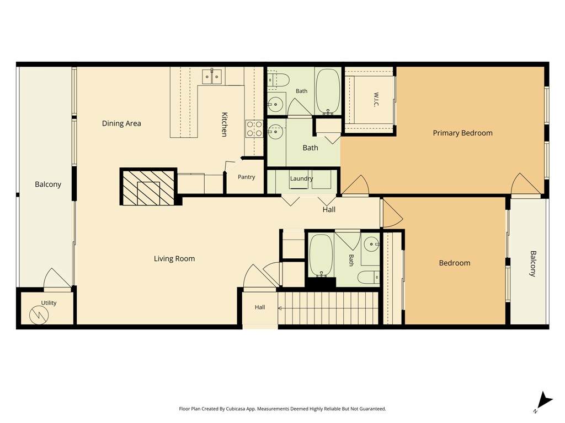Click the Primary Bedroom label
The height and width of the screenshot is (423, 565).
(x=462, y=133)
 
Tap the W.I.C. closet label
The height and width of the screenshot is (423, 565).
(x=376, y=100)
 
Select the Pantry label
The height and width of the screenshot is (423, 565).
(x=247, y=177)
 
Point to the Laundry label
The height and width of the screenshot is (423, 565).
(x=301, y=178)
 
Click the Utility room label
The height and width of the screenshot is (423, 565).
(x=49, y=303)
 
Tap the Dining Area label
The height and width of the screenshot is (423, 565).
(x=121, y=123)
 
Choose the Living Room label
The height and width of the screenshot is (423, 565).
(x=174, y=259)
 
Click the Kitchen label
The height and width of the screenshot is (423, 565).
(x=224, y=124)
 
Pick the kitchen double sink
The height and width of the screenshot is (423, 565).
(x=211, y=76)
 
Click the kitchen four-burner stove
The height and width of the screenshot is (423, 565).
(x=254, y=129)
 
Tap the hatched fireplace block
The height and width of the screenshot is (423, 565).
(x=148, y=187)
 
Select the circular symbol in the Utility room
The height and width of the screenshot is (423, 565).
(x=39, y=315)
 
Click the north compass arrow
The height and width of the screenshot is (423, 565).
(x=544, y=401)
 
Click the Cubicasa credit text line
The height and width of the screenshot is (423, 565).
(x=282, y=409)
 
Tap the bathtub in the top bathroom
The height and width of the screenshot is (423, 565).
(x=328, y=91)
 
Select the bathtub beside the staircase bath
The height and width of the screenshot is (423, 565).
(x=321, y=256)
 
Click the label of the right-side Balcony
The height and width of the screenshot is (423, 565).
(x=533, y=264)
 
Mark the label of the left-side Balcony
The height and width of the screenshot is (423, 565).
(x=48, y=185)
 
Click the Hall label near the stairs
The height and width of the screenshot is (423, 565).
(x=260, y=307)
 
